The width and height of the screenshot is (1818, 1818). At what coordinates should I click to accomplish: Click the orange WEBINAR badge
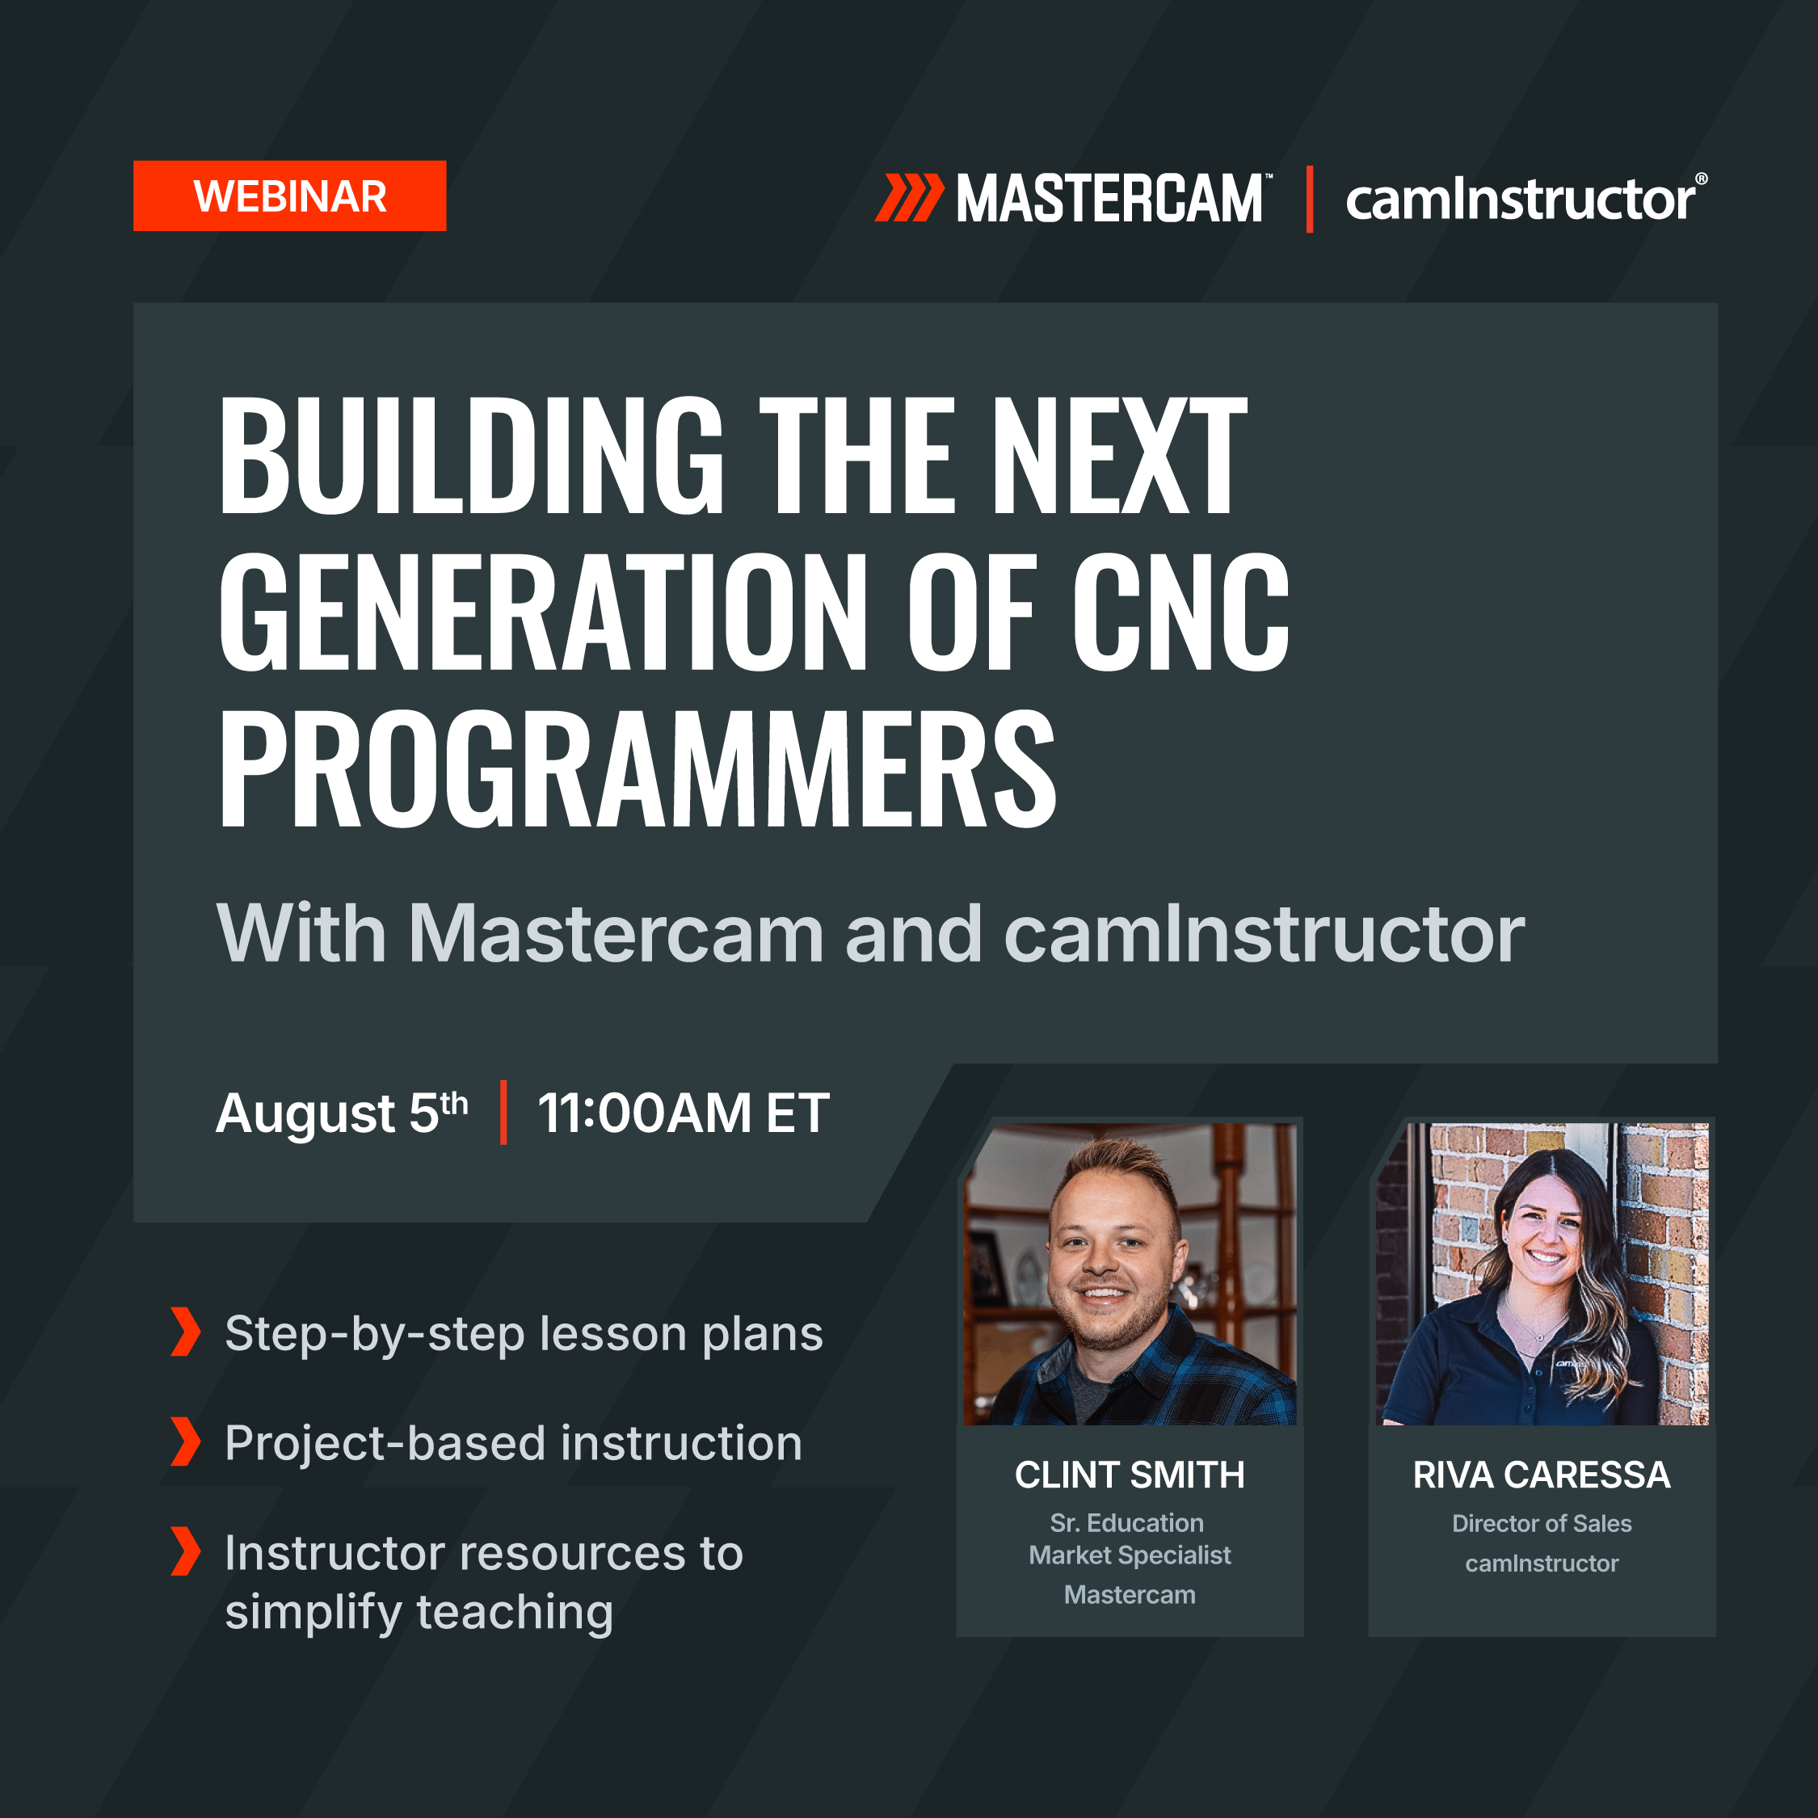click(x=290, y=196)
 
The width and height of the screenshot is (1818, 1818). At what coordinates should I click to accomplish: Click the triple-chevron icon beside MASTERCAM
click(x=909, y=198)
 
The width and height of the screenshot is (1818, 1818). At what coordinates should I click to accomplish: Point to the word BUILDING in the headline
click(x=471, y=456)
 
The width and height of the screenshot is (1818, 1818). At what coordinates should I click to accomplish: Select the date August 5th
click(x=343, y=1113)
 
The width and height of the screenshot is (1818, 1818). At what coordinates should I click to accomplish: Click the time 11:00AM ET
click(x=683, y=1113)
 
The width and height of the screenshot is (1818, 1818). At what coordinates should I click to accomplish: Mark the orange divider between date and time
click(x=503, y=1113)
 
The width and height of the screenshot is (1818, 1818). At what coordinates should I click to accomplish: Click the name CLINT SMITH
click(x=1130, y=1475)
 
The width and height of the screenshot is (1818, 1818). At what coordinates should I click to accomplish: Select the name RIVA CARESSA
click(x=1542, y=1475)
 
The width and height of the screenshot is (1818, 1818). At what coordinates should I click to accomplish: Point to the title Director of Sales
click(x=1542, y=1523)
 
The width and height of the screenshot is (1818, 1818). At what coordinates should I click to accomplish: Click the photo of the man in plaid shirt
click(x=1130, y=1273)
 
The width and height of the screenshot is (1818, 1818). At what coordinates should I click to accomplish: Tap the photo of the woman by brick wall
click(x=1542, y=1273)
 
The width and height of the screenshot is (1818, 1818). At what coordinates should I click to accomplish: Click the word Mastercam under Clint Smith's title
click(x=1130, y=1595)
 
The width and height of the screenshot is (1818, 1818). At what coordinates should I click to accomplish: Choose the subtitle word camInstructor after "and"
click(x=1265, y=933)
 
